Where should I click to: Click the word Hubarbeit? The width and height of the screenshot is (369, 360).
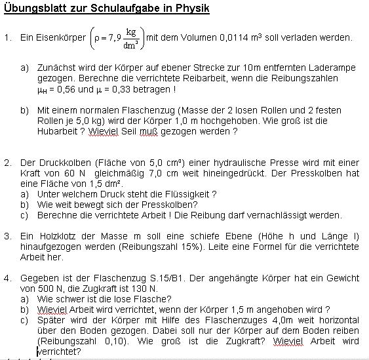(x=60, y=131)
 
